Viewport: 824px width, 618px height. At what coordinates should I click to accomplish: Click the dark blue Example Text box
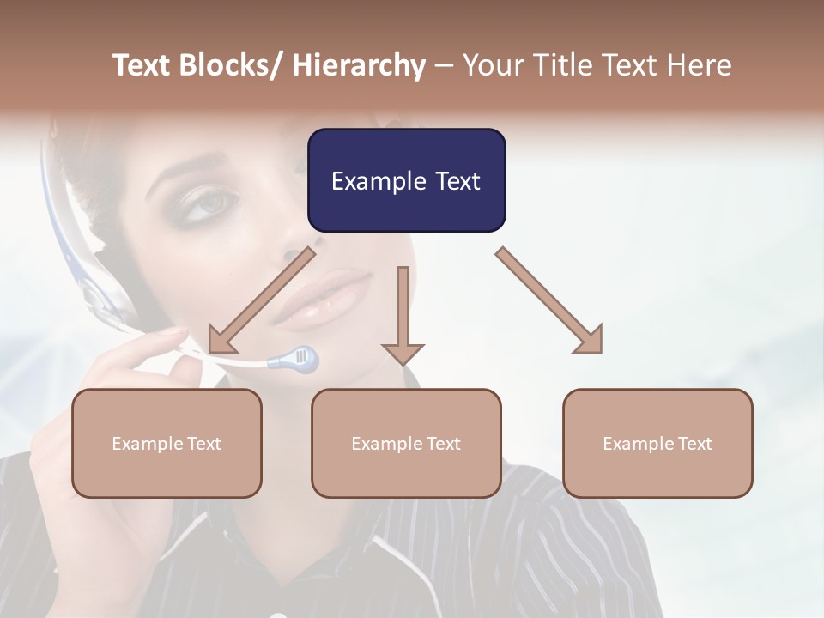point(406,180)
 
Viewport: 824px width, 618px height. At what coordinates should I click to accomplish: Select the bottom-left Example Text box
point(167,443)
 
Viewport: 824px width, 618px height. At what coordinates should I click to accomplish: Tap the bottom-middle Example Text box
point(406,443)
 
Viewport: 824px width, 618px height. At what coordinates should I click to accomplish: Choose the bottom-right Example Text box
point(657,443)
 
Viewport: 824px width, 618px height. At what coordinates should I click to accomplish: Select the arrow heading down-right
point(549,300)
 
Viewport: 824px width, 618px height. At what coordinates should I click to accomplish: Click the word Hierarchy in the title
point(359,65)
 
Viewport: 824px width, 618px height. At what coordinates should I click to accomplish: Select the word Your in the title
point(490,65)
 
